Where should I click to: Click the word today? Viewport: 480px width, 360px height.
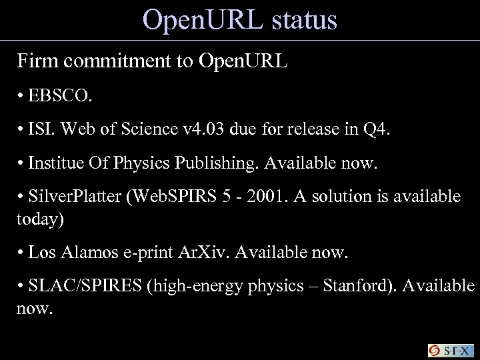[40, 221]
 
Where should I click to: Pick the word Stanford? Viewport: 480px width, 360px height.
[353, 286]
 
